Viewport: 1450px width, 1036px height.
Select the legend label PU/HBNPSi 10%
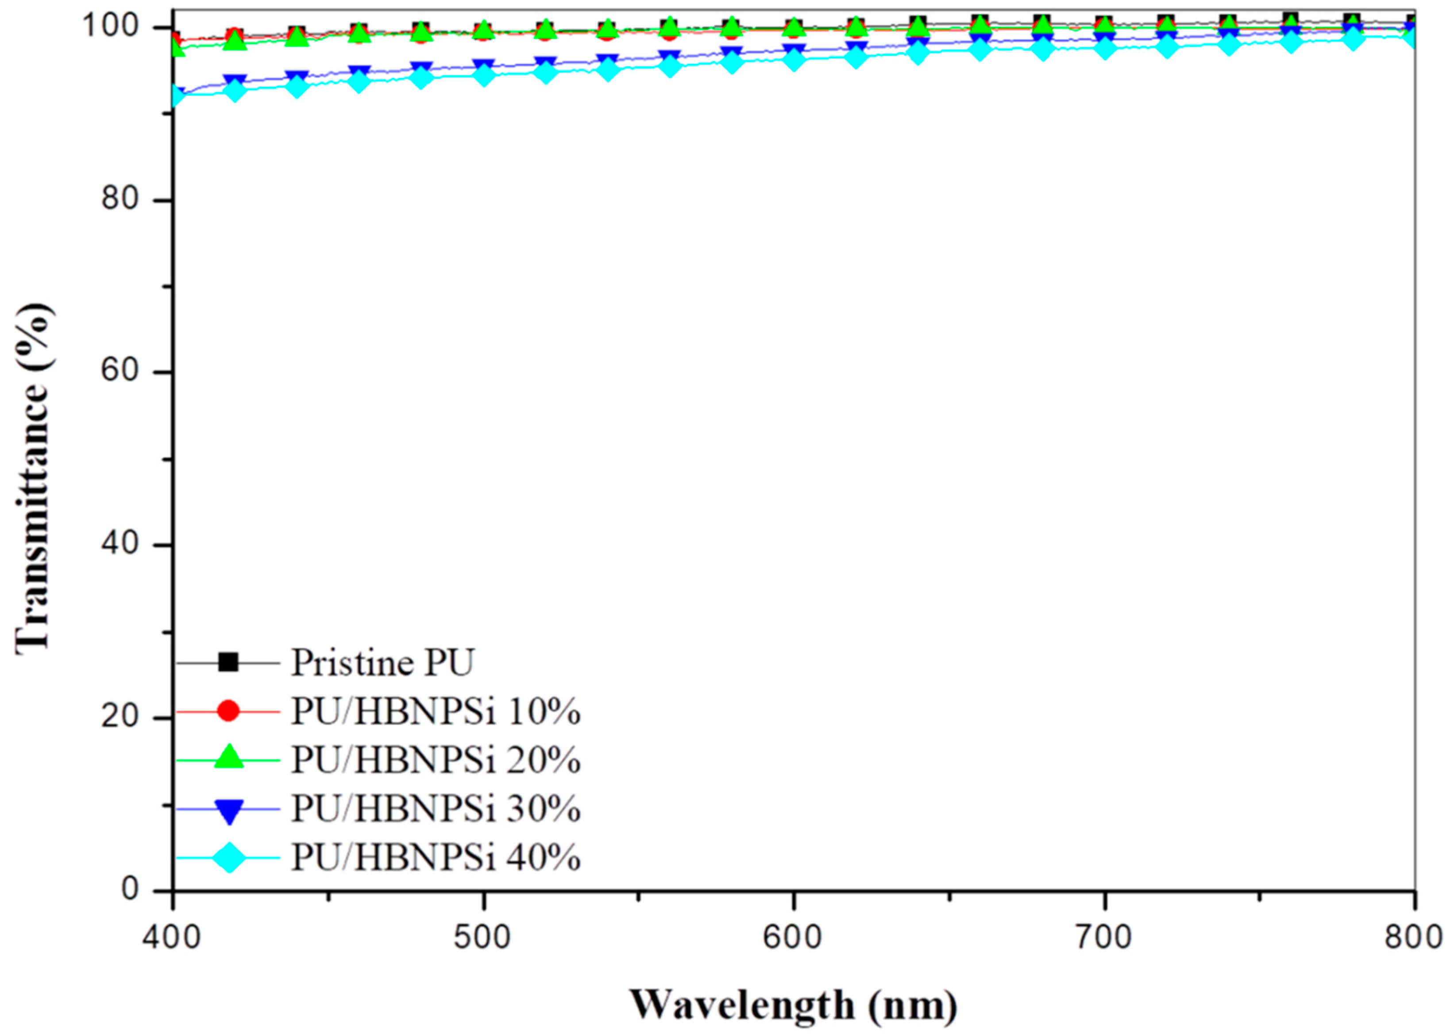click(436, 712)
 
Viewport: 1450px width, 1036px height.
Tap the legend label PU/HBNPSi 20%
click(436, 760)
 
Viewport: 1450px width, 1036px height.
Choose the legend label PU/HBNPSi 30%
click(436, 809)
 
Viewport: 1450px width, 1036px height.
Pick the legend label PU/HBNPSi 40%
click(436, 858)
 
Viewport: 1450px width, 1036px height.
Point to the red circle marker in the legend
click(228, 711)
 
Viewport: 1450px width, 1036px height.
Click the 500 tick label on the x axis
click(483, 938)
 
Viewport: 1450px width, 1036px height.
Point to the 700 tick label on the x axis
click(1103, 938)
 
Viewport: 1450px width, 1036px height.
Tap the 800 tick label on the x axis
click(1413, 938)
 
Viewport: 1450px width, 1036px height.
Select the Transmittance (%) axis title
click(33, 459)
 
